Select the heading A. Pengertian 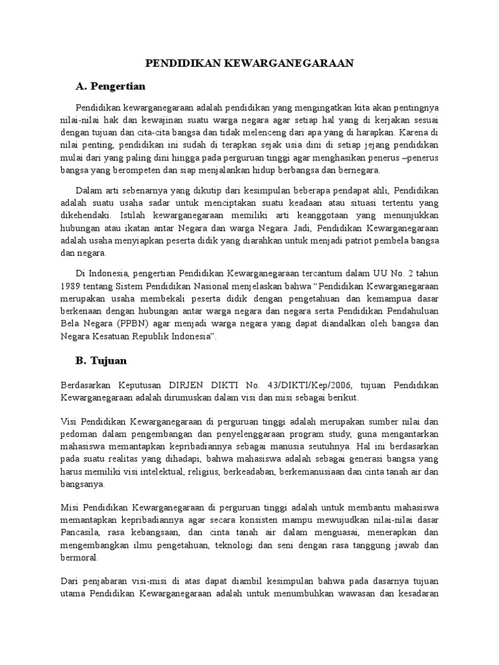click(110, 86)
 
